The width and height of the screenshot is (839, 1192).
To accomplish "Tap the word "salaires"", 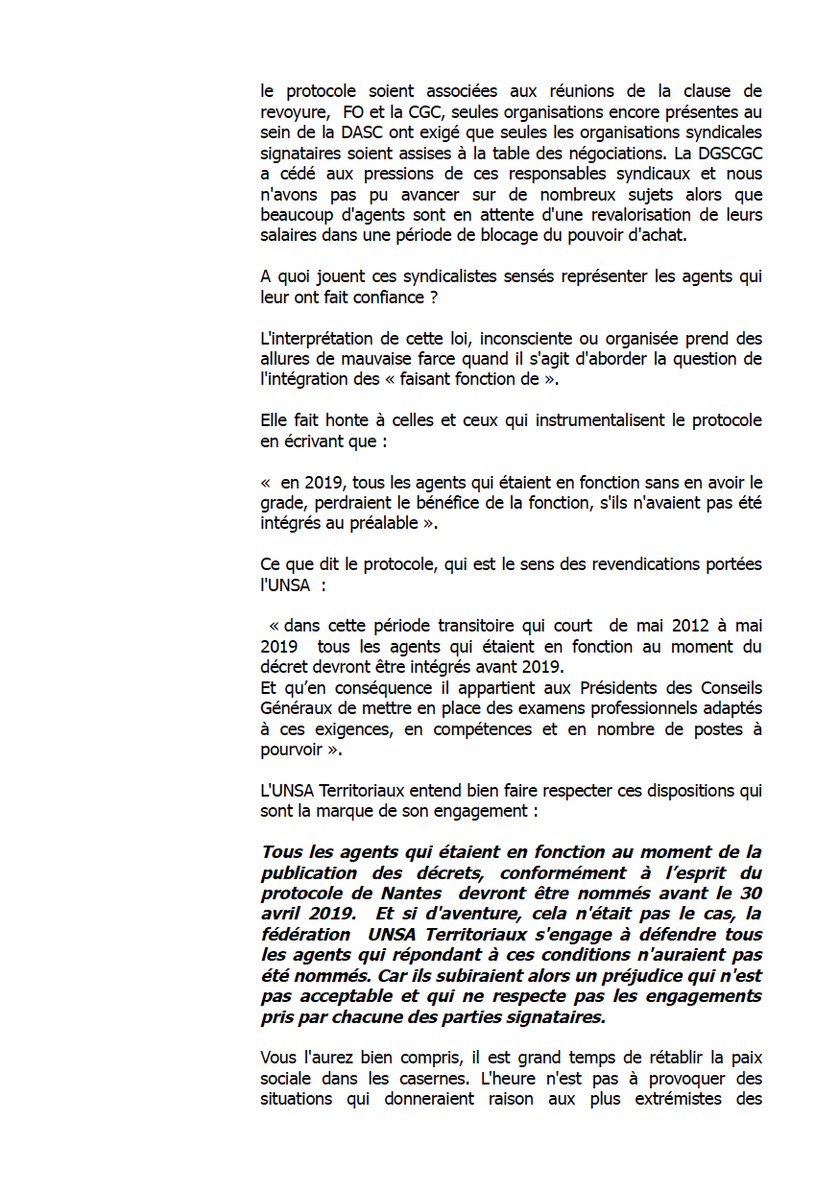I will [x=289, y=236].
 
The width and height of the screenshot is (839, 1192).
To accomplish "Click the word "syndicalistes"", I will [x=410, y=277].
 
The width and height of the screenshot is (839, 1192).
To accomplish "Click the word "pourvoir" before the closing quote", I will [x=291, y=750].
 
